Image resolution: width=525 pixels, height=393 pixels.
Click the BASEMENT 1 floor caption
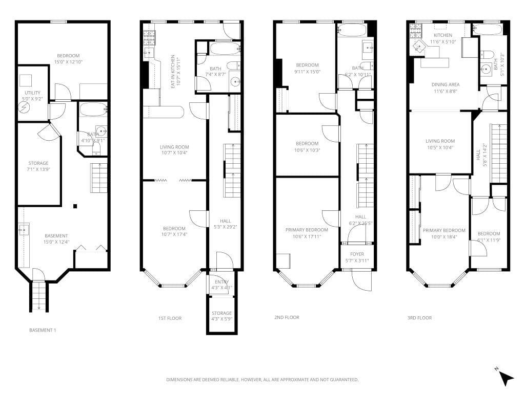tap(43, 331)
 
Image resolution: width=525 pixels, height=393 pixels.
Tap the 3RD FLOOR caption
tap(419, 318)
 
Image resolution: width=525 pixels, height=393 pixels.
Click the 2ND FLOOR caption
tap(287, 318)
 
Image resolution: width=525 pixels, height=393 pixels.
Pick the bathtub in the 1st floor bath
tap(225, 50)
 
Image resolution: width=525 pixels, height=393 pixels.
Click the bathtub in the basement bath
tap(93, 109)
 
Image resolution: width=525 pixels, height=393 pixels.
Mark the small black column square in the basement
tap(75, 206)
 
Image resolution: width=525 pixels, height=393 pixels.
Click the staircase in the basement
tap(99, 178)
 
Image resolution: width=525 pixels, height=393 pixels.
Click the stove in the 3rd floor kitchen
tap(415, 31)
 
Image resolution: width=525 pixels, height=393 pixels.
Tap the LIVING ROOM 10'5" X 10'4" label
tap(440, 144)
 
